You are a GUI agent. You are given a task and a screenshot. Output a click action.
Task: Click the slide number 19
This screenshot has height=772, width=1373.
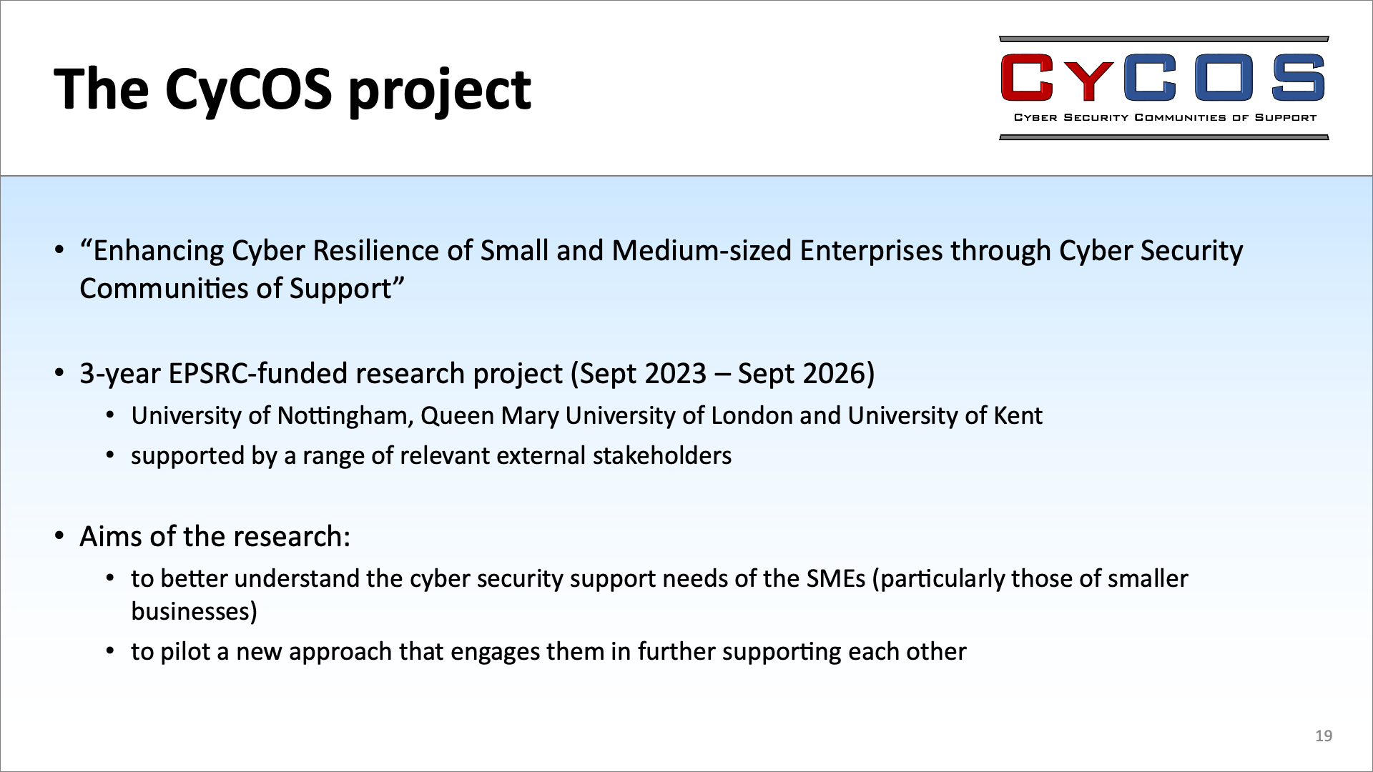click(1324, 736)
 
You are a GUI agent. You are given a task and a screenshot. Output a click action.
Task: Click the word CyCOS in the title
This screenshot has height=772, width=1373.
click(249, 89)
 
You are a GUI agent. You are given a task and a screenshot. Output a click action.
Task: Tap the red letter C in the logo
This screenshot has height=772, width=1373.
click(1028, 78)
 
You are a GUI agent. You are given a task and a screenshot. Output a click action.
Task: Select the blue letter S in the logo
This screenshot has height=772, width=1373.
click(1297, 78)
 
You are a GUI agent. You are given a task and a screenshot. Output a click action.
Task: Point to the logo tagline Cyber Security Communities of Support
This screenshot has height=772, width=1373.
click(1165, 117)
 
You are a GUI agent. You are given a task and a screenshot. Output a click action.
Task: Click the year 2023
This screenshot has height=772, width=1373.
click(675, 374)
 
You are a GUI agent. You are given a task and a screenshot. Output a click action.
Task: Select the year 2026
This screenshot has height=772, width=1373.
click(835, 374)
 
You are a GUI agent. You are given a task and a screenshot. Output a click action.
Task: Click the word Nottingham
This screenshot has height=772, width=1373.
click(345, 416)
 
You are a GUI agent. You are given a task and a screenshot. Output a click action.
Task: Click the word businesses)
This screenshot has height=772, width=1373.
click(195, 612)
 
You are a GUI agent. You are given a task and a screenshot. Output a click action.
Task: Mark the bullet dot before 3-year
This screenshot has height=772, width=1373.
click(60, 374)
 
